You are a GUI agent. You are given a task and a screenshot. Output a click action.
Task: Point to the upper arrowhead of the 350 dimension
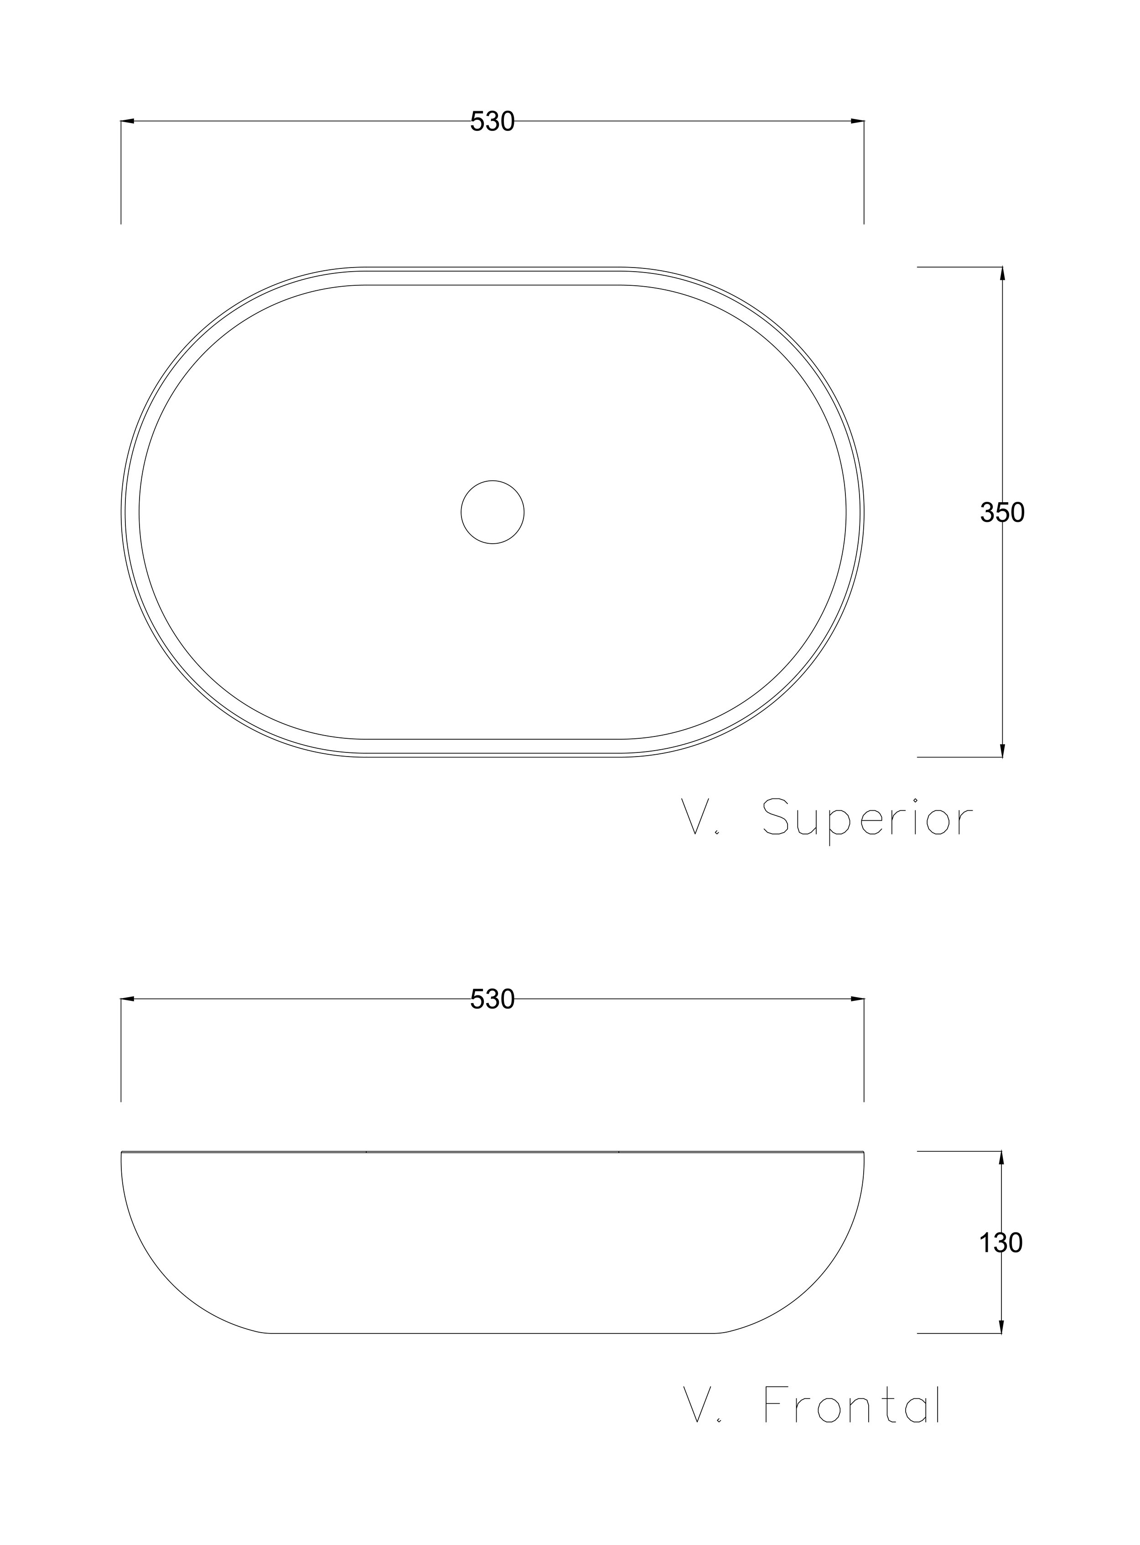(1002, 273)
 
